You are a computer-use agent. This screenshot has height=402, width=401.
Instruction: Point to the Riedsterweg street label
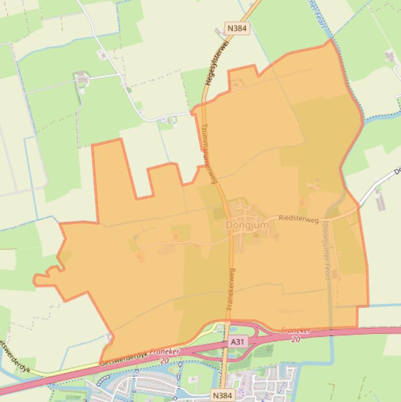pos(298,220)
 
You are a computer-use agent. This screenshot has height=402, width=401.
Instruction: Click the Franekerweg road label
pos(231,289)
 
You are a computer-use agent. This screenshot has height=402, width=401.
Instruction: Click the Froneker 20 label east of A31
pos(296,335)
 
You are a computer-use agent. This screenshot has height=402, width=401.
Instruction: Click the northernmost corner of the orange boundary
pos(331,40)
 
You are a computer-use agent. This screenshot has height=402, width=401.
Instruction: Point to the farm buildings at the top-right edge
pos(391,56)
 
